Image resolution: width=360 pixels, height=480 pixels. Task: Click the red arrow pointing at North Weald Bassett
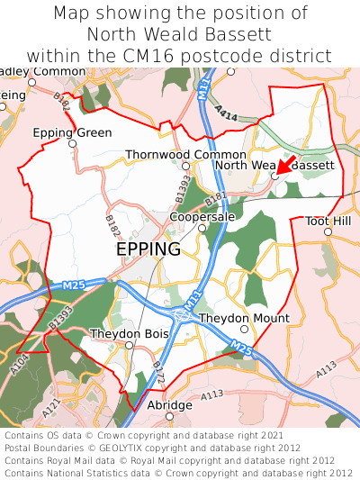pos(286,163)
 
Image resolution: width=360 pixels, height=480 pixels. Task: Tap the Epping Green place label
pos(73,133)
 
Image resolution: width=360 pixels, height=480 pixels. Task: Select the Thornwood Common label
pos(185,155)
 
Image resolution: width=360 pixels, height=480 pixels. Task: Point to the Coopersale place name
pos(202,217)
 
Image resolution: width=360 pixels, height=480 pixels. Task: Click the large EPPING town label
pos(148,249)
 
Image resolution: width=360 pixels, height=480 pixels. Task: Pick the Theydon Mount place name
pos(244,319)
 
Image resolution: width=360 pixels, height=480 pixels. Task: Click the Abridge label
pos(169,405)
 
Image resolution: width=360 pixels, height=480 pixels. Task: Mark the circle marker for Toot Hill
pos(328,231)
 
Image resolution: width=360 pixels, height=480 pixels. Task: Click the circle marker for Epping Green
pos(73,144)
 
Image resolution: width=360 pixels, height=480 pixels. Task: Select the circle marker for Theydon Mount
pos(244,330)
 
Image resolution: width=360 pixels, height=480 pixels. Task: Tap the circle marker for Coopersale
pos(202,228)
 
